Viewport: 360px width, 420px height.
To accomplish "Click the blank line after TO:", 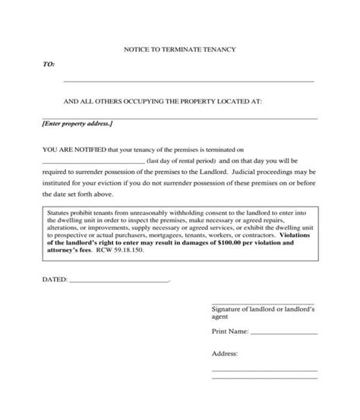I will click(188, 81).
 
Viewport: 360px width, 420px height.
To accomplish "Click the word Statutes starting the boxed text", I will click(60, 215).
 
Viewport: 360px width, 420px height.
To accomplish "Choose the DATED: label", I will click(54, 280).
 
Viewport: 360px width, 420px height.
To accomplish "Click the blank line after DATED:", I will click(119, 283).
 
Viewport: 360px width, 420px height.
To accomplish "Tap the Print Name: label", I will click(229, 332).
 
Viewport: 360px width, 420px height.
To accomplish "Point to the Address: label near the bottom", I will click(226, 354).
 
